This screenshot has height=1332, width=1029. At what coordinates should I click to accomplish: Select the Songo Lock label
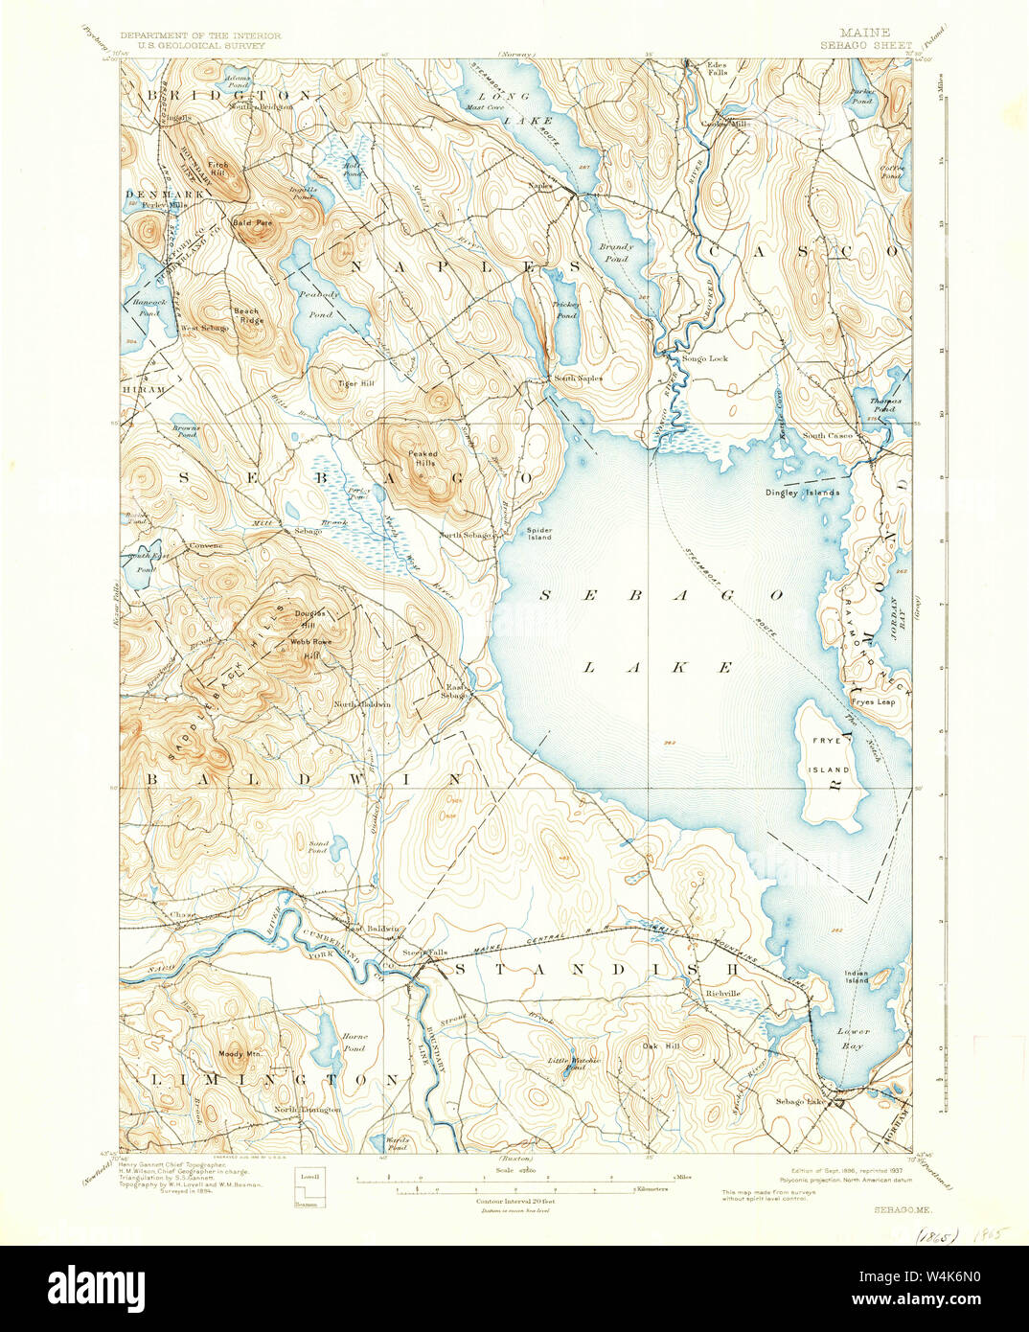[705, 358]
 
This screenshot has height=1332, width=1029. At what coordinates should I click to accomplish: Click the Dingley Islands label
[802, 493]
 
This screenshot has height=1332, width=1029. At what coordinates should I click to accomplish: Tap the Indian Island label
[857, 976]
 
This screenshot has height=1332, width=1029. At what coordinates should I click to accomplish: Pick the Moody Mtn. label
[240, 1054]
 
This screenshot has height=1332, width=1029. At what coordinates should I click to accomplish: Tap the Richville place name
[722, 993]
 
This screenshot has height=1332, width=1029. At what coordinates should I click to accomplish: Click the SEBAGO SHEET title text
[865, 44]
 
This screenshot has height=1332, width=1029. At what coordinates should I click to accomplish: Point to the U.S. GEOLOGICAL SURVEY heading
[182, 44]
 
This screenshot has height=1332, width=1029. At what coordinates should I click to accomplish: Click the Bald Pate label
[253, 222]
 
